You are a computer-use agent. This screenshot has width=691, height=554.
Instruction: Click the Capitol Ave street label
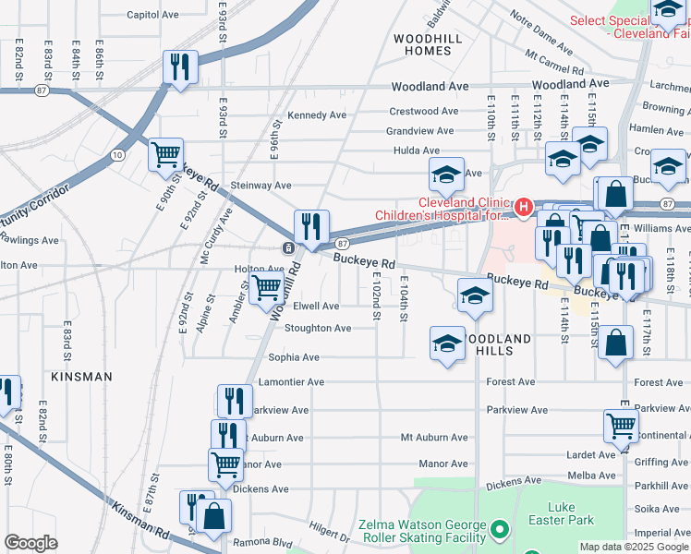pos(152,15)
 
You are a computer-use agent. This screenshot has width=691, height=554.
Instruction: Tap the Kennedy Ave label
pos(317,115)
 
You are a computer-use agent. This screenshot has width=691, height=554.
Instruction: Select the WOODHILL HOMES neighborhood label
pos(422,44)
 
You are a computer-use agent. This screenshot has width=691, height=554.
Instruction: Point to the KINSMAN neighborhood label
pos(81,377)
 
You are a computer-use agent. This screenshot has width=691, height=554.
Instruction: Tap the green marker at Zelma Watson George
pos(500,530)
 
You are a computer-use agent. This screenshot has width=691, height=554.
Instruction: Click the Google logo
pos(31,543)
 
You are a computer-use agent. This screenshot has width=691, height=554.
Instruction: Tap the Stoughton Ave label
pos(318,328)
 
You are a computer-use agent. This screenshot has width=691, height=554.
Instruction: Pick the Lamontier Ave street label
pos(296,381)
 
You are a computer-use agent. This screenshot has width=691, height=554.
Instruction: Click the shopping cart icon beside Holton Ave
pos(267,288)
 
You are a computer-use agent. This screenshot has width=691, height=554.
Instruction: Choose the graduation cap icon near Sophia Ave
pos(448,343)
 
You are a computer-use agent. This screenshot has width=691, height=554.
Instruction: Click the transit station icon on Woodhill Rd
pos(289,248)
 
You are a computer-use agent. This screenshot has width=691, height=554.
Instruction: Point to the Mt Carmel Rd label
pos(554,63)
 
